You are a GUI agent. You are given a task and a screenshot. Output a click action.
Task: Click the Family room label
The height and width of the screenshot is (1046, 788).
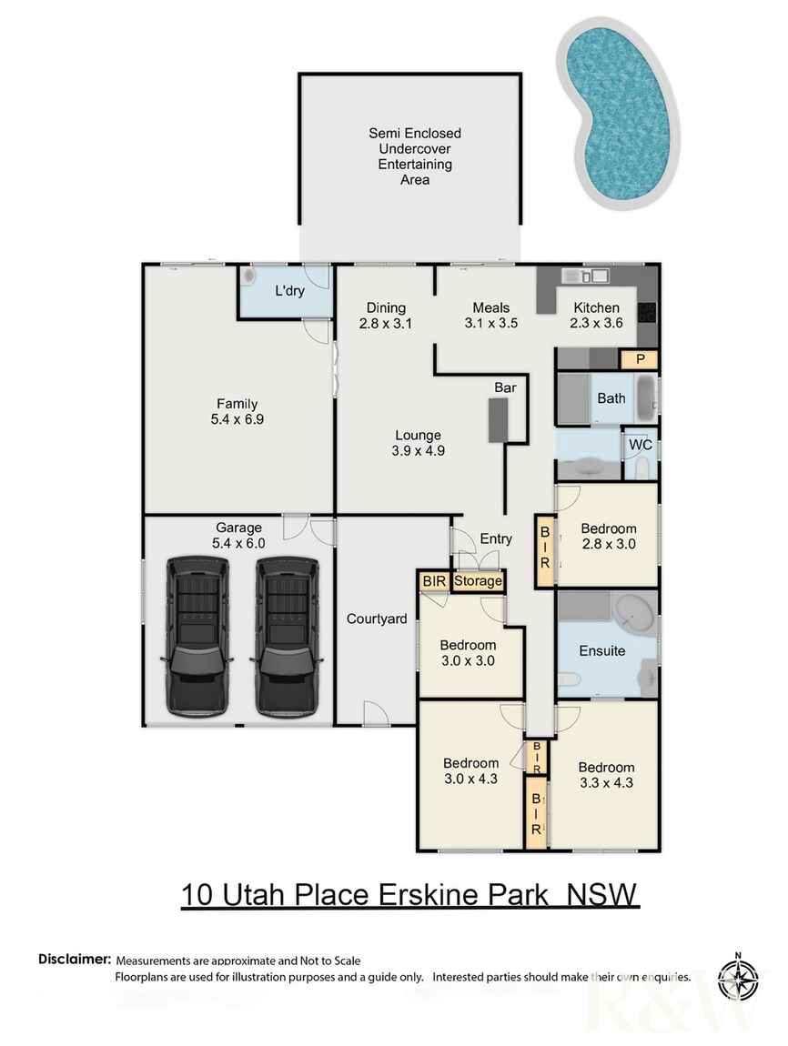tap(237, 411)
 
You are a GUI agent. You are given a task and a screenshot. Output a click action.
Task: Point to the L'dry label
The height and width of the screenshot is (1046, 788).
tap(289, 292)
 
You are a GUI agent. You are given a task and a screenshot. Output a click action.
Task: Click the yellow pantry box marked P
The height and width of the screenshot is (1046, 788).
tap(640, 359)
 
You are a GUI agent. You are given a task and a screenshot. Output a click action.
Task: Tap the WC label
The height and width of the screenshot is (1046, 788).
tap(639, 446)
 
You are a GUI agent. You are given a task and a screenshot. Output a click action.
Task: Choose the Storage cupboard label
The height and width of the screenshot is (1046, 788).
tap(478, 580)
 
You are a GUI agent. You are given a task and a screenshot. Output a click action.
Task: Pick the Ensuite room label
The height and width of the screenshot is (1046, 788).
tap(601, 650)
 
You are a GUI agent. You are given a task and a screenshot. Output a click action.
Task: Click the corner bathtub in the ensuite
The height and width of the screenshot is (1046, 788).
tap(632, 615)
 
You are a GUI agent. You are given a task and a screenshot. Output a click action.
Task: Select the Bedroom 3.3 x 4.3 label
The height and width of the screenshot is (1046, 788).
tap(606, 774)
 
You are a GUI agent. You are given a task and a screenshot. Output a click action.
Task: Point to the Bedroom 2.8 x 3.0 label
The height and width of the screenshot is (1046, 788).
tap(608, 537)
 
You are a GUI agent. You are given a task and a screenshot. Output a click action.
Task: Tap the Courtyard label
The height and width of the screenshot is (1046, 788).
tap(376, 619)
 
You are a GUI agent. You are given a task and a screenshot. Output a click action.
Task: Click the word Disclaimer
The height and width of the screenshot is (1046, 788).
tap(75, 959)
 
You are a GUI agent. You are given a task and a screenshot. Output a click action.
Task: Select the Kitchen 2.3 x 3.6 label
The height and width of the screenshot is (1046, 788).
tap(596, 315)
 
